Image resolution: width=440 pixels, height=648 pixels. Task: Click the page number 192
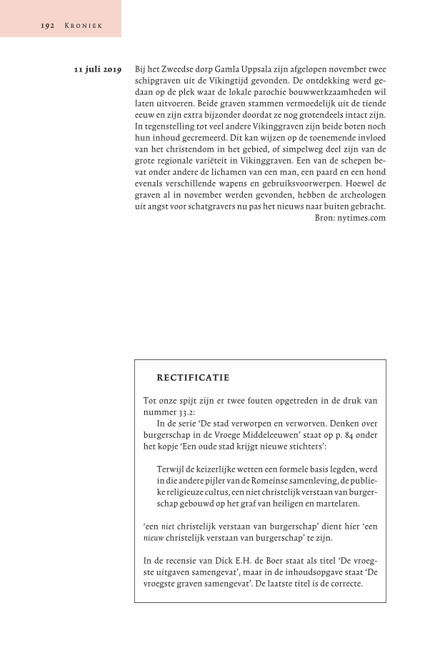pos(48,26)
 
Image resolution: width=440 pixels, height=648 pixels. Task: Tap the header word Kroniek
pos(84,26)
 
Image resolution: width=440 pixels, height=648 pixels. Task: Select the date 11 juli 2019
pos(98,70)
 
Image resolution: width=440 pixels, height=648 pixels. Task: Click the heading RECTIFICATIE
pos(193,377)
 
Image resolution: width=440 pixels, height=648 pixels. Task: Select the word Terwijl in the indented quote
pos(170,469)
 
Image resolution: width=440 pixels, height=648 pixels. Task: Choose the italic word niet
pos(169,527)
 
